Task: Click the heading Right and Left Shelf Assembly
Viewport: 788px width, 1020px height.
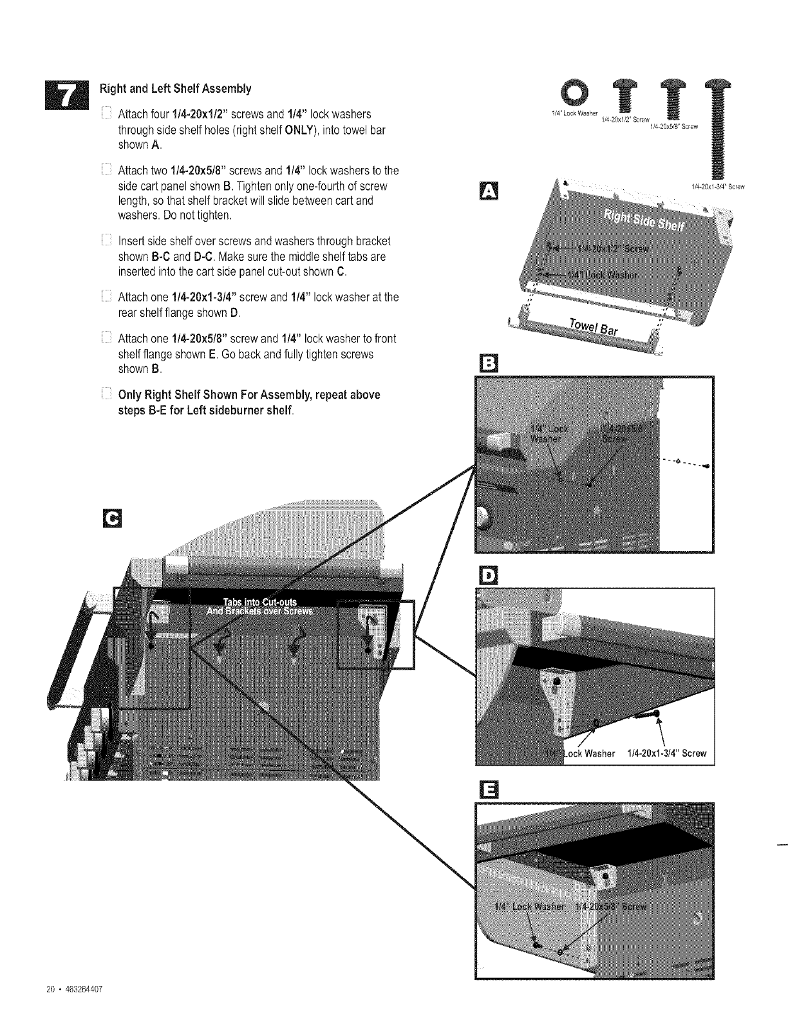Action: tap(174, 88)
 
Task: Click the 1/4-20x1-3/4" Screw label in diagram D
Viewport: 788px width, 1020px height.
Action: tap(666, 753)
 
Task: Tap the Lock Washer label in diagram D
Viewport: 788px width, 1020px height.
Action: tap(588, 753)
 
